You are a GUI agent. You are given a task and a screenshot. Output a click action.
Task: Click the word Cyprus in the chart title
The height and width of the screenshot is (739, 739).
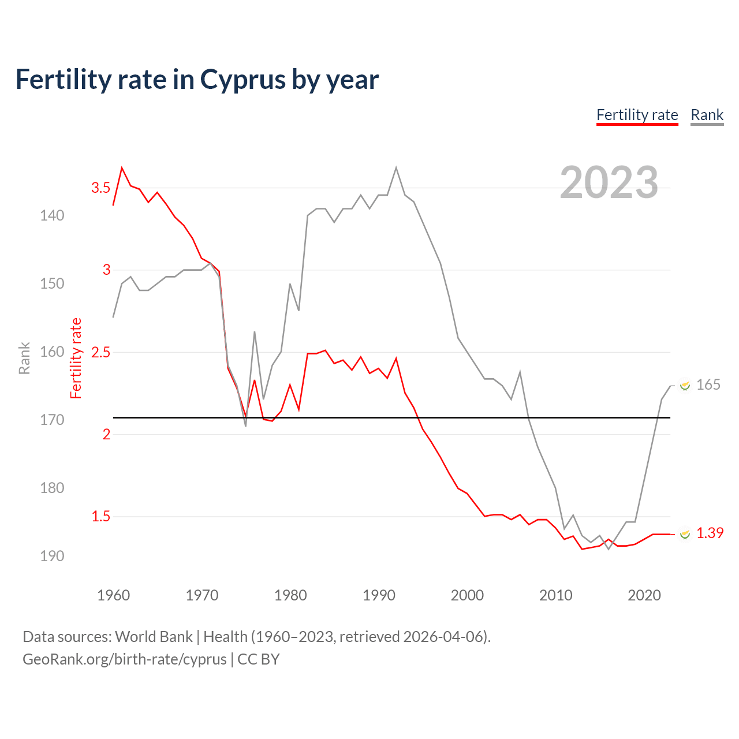click(x=242, y=80)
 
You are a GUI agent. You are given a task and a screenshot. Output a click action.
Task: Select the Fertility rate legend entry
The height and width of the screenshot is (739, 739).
click(x=637, y=115)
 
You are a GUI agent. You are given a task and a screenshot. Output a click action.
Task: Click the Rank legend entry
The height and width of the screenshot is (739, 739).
click(x=707, y=115)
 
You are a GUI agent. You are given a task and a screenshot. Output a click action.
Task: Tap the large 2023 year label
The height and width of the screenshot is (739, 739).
click(x=609, y=182)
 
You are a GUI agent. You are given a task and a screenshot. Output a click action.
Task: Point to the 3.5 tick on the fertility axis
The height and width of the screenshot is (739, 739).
click(x=100, y=188)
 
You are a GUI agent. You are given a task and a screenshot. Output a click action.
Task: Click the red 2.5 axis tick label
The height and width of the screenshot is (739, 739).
click(x=100, y=352)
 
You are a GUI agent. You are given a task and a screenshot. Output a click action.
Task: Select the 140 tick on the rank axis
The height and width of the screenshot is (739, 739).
click(x=52, y=215)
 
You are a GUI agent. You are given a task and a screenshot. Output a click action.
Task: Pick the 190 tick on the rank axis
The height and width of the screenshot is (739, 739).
click(x=52, y=556)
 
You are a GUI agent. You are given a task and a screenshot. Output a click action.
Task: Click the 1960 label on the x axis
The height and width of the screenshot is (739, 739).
click(x=114, y=595)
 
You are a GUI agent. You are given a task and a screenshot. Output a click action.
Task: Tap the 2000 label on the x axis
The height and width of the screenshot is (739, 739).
click(x=467, y=595)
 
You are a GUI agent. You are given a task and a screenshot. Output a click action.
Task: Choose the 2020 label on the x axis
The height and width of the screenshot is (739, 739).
click(x=644, y=595)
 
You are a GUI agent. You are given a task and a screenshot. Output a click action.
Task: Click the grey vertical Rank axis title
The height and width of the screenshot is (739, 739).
click(x=24, y=358)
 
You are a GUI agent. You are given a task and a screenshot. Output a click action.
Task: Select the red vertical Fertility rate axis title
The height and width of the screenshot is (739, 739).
click(x=76, y=358)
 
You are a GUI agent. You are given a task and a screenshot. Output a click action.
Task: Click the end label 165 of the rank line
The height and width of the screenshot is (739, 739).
click(x=708, y=385)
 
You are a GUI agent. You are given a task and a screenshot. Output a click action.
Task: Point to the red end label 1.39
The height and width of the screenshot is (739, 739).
click(x=710, y=533)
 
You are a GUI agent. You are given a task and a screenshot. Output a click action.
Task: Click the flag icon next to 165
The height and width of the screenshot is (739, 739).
click(x=685, y=386)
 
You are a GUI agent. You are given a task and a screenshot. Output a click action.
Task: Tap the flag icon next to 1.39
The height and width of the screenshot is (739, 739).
click(x=685, y=534)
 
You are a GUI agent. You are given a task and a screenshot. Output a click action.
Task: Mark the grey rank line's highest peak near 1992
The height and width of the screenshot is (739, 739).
click(x=396, y=168)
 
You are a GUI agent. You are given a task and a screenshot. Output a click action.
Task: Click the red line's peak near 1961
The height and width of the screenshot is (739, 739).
click(x=122, y=168)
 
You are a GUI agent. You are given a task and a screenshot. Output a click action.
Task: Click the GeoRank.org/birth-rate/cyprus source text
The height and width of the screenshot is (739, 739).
click(x=125, y=659)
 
